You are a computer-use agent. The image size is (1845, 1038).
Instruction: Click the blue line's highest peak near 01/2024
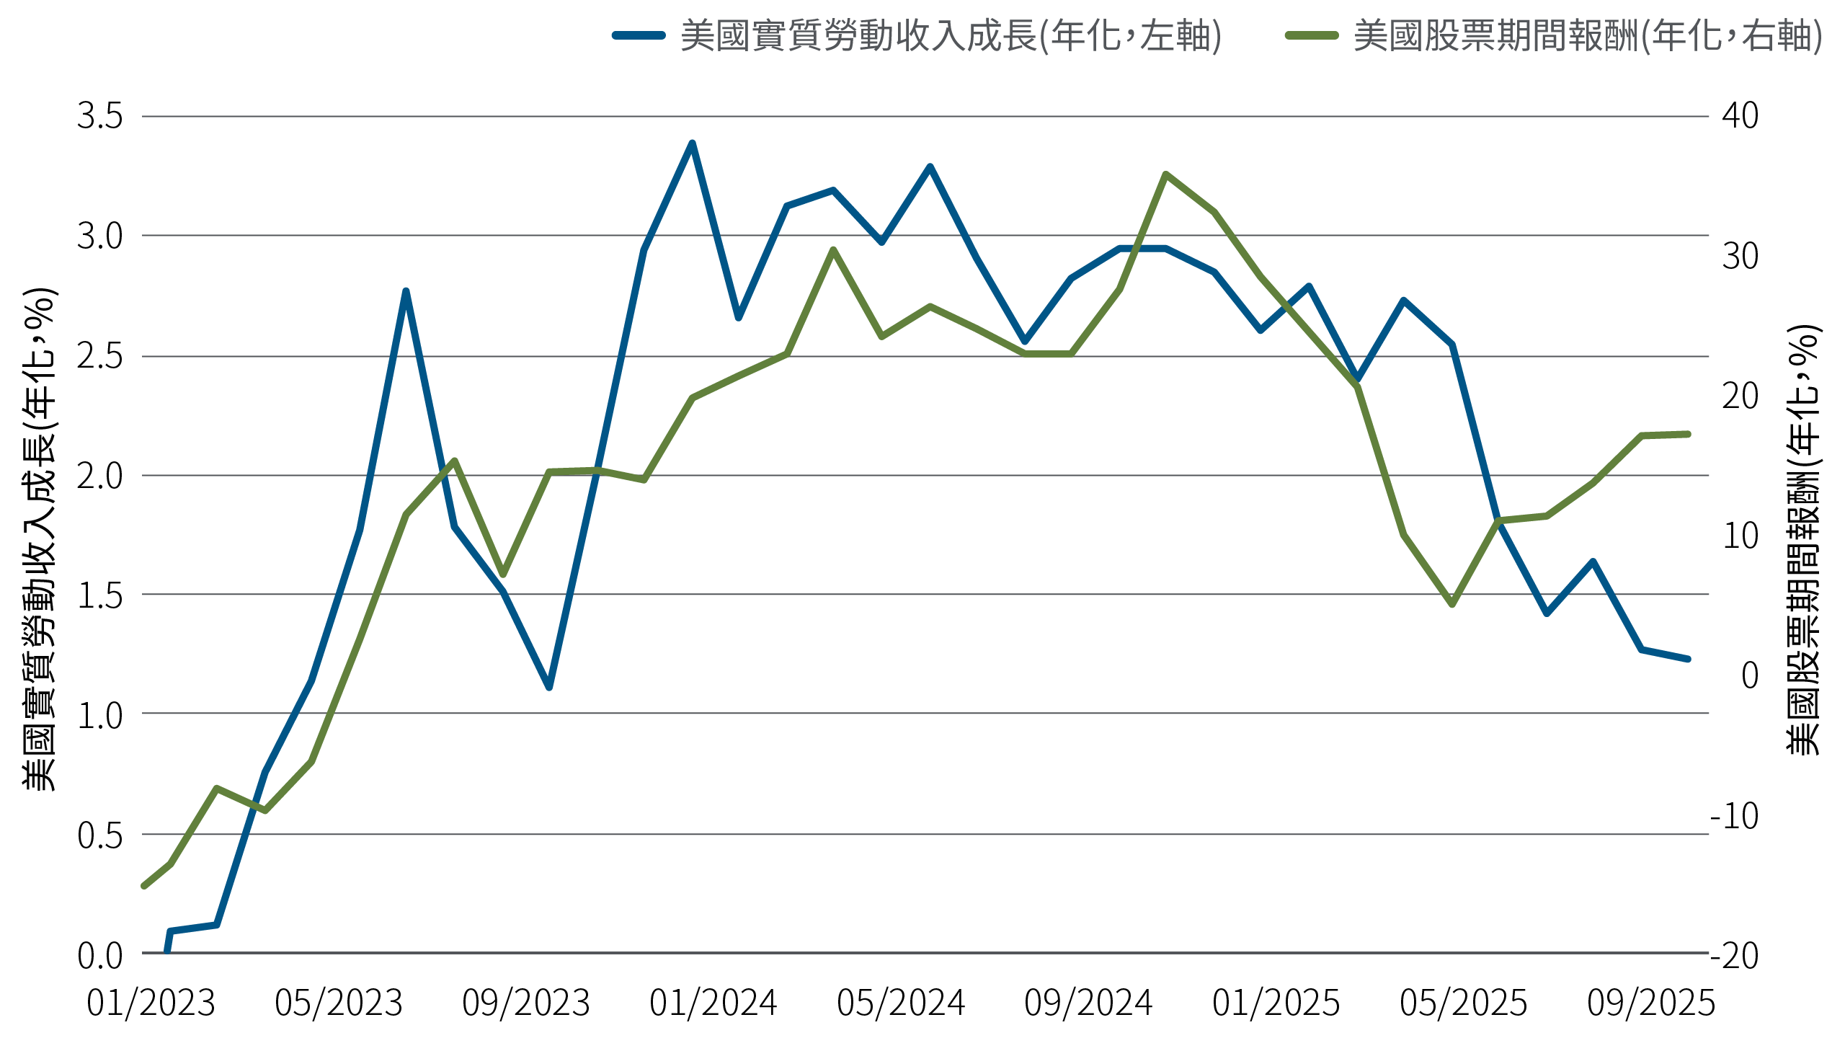692,143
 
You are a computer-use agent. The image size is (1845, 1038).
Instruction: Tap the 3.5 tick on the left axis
100,116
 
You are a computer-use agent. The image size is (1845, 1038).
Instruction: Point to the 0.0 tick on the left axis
100,955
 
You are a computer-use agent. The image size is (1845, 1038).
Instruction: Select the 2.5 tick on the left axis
100,356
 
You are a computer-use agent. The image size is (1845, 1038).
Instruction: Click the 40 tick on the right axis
1740,116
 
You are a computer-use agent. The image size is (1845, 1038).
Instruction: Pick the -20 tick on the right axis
1735,955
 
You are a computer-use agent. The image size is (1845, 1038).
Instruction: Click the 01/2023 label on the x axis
151,1003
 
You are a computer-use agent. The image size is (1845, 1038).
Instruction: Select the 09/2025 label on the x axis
1650,1003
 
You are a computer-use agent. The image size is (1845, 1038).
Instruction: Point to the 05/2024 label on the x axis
901,1003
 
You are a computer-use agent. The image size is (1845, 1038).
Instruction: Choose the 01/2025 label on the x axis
1276,1003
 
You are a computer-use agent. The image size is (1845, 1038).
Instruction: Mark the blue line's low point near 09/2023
549,687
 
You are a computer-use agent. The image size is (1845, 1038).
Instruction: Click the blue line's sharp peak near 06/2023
406,291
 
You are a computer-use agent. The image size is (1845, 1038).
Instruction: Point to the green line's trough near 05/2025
1452,604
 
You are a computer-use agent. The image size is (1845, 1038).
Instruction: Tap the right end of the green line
1688,434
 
